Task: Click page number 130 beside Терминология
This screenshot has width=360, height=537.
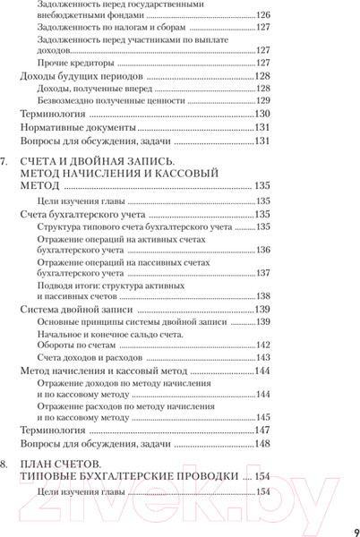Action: click(262, 115)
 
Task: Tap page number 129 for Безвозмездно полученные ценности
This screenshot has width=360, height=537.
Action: click(262, 101)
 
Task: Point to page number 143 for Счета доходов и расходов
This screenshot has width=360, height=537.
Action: click(262, 356)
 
